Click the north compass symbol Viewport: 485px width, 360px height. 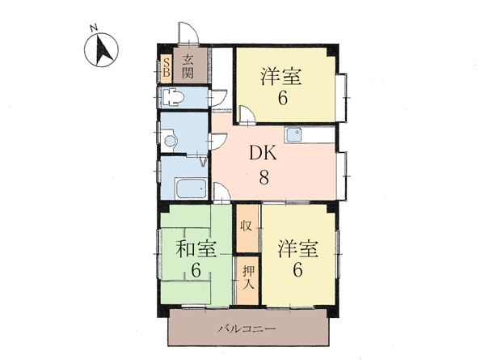point(101,50)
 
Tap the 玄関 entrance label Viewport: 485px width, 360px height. point(188,66)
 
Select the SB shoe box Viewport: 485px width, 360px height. point(167,68)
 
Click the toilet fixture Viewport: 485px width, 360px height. point(173,97)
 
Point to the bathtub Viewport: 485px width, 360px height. point(191,188)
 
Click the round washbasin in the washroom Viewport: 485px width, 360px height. point(170,141)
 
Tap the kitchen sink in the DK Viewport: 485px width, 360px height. point(293,134)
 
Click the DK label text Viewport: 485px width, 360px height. point(264,153)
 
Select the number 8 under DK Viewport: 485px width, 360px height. point(264,178)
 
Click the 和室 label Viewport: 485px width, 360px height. point(196,249)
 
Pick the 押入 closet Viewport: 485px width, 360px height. point(247,281)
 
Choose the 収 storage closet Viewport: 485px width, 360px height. point(247,228)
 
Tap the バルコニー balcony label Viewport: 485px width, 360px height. point(247,328)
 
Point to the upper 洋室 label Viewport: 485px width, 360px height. point(281,77)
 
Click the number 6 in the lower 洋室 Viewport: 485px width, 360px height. point(297,270)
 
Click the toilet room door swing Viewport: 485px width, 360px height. point(218,98)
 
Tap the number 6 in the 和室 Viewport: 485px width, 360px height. point(196,270)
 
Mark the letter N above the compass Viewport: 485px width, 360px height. point(94,28)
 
